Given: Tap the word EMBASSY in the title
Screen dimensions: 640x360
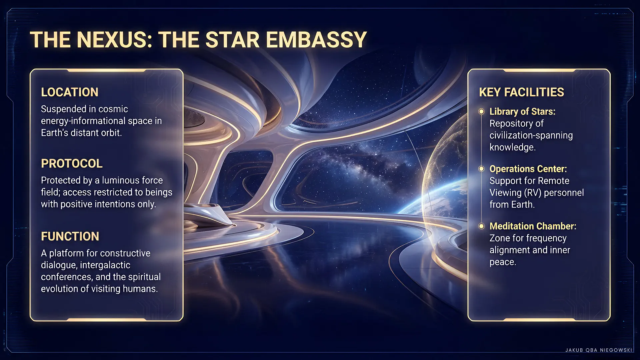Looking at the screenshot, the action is tap(316, 40).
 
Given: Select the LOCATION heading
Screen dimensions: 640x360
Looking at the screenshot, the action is tap(70, 92).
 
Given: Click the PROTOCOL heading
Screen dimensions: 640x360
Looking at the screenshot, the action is tap(72, 163).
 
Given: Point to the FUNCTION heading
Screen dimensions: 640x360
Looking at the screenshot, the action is tap(70, 236).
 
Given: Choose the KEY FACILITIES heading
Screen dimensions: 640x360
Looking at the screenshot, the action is tap(521, 92).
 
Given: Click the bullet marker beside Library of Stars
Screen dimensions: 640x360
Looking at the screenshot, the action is tap(481, 111).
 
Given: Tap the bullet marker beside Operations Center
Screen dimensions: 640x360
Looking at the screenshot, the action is tap(481, 169).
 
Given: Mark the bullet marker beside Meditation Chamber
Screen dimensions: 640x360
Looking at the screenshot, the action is tap(481, 226).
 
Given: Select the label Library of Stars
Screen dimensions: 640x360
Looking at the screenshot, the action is tap(522, 111).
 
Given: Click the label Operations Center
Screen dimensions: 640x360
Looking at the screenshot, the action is tap(528, 169).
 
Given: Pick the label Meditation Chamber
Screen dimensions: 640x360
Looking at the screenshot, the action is tap(533, 226).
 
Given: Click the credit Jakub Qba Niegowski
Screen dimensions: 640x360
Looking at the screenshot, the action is tap(599, 350).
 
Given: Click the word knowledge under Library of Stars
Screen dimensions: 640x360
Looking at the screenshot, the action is tap(512, 147).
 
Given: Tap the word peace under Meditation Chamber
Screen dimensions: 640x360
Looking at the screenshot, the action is tap(503, 262).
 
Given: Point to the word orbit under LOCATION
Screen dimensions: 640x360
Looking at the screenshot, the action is tap(111, 133).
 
